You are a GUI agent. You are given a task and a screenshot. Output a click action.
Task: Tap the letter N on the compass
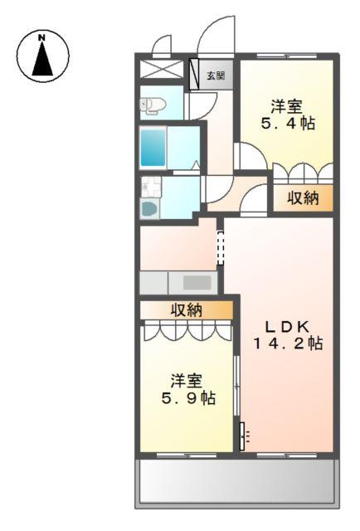(x=42, y=37)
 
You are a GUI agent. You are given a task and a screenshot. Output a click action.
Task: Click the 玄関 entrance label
(x=215, y=76)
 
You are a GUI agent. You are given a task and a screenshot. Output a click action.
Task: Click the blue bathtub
(x=153, y=148)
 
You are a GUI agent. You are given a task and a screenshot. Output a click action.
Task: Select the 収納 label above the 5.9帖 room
(x=187, y=309)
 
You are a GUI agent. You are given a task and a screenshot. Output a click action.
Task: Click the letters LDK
(x=287, y=325)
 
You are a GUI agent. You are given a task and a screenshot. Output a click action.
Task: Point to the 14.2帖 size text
(x=287, y=344)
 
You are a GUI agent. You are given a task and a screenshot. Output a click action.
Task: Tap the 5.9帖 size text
(x=187, y=398)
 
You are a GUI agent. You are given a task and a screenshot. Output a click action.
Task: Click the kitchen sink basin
(x=197, y=282)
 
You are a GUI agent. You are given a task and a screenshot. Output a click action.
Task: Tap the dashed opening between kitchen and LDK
(x=221, y=247)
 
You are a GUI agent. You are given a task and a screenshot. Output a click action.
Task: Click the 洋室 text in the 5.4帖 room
(x=286, y=106)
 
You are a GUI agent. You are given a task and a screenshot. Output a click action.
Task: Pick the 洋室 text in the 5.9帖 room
(x=187, y=381)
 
